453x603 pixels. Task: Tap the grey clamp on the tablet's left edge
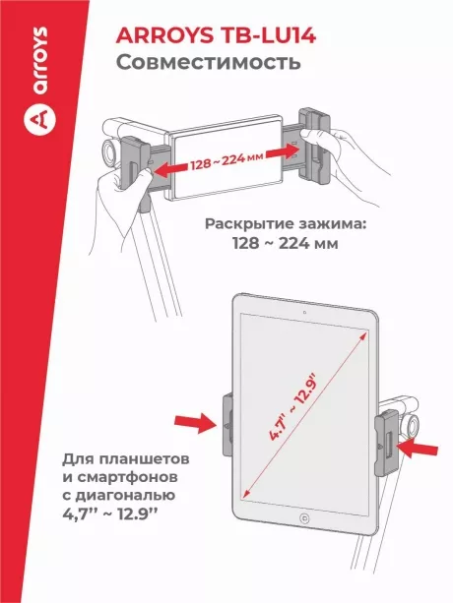pos(228,426)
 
